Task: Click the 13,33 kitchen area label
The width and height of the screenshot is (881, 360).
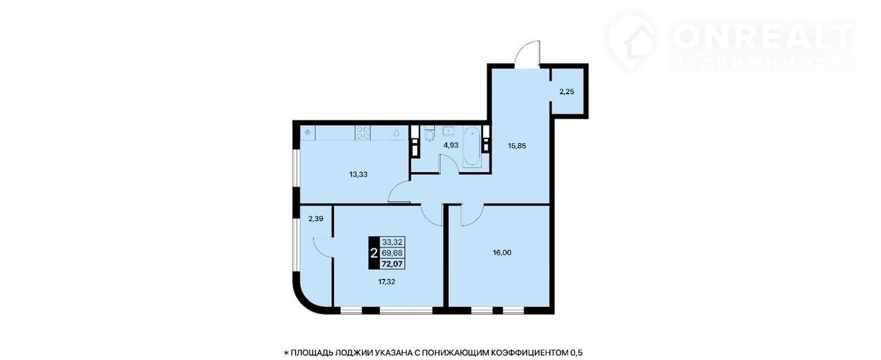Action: coord(358,174)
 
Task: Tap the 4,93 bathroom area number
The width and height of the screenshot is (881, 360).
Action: coord(451,145)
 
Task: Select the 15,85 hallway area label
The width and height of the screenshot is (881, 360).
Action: coord(517,145)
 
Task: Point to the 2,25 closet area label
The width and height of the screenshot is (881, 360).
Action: coord(566,92)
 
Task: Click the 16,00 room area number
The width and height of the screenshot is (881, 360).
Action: coord(502,253)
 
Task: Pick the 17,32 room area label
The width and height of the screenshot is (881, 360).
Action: coord(386,282)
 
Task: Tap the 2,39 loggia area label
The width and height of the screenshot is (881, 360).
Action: coord(316,219)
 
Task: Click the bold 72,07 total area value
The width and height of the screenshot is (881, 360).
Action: coord(392,264)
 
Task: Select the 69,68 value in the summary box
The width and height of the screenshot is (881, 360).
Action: coord(392,253)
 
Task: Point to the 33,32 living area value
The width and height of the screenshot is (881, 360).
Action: coord(392,242)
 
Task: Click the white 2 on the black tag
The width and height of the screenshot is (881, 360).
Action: coord(374,253)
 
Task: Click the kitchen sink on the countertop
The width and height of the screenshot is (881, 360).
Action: coord(396,133)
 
